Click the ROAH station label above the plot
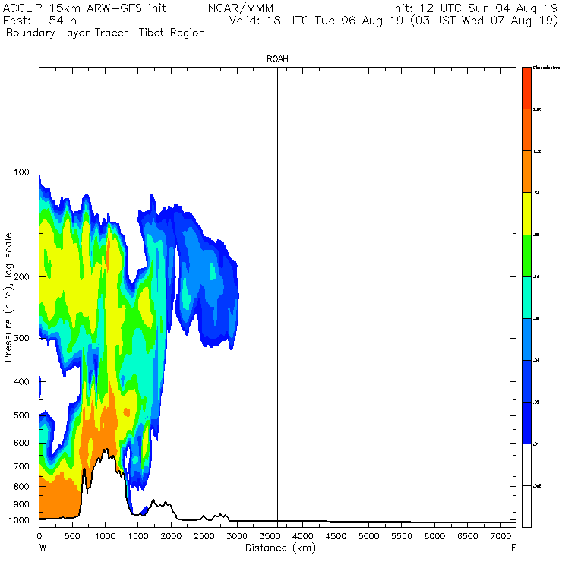(277, 58)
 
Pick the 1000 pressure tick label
(18, 520)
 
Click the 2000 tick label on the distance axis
(171, 536)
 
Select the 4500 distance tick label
(336, 536)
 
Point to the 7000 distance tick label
(500, 536)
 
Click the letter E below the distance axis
(514, 548)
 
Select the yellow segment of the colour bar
(526, 214)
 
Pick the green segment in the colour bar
(526, 256)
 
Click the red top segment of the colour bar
(526, 88)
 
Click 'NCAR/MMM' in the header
(232, 8)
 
